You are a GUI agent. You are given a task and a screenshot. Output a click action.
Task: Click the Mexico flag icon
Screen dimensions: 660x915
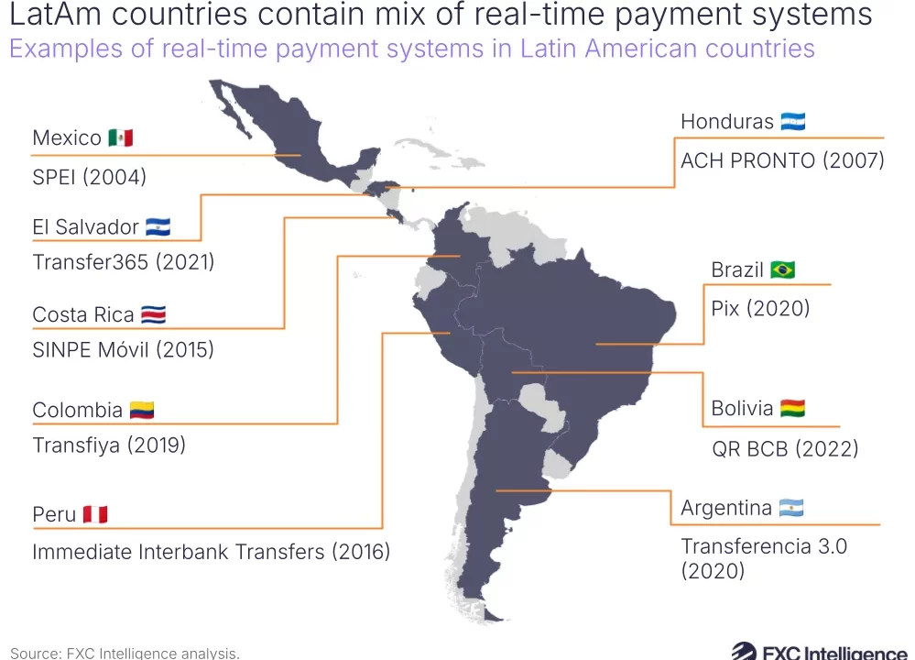120,138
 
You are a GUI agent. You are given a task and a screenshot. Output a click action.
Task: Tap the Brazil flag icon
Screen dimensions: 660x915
782,270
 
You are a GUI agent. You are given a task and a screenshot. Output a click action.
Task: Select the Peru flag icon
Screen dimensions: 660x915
95,514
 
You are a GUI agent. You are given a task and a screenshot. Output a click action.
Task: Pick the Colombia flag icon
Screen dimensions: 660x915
142,410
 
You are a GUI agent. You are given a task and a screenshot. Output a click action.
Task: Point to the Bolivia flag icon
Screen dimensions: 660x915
793,409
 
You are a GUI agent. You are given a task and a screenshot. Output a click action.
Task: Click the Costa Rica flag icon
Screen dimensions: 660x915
153,315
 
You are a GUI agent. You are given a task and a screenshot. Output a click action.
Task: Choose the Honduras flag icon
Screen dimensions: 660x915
793,122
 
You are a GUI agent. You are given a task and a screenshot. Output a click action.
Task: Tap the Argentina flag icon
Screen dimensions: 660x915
791,508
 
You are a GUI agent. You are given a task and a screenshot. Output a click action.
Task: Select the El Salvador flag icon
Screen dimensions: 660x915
158,227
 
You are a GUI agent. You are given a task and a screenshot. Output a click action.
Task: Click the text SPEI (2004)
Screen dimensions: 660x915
89,177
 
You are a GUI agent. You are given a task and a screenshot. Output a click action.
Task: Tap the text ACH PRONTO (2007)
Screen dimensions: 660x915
782,161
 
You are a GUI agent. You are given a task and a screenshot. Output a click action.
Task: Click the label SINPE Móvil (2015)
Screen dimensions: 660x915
123,349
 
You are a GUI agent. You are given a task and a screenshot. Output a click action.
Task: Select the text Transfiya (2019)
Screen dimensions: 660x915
109,445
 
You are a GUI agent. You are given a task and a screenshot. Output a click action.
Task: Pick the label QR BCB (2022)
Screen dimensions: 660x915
785,449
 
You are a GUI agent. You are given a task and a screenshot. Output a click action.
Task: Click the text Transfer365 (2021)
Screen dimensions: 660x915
123,262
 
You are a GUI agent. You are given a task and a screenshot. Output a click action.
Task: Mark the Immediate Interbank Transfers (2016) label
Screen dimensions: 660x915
212,552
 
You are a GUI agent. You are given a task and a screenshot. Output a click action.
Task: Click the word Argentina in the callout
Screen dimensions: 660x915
726,508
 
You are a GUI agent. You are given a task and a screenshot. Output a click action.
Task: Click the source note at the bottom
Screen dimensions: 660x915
125,653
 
